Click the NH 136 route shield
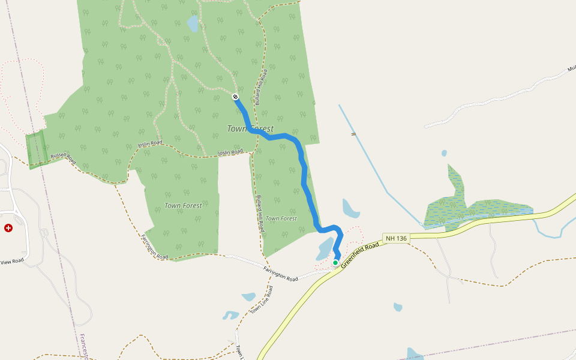coord(397,238)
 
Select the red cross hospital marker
coord(8,228)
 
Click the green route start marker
coord(335,263)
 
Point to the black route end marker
coord(236,97)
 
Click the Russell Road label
coord(63,158)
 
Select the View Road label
coord(11,262)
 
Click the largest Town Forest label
coord(250,128)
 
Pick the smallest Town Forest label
coord(281,218)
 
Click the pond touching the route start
coord(325,248)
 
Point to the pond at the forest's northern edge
coord(193,24)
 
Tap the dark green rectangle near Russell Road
coord(37,149)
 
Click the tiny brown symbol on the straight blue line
coord(353,134)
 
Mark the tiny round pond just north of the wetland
coord(443,153)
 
